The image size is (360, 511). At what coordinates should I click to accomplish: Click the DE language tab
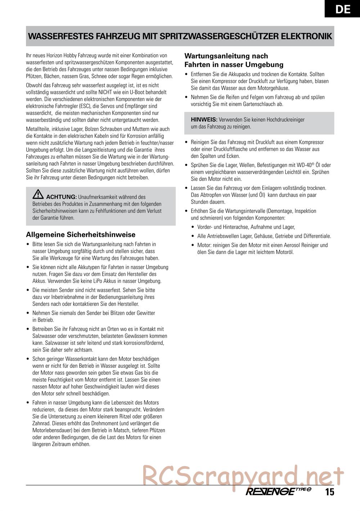click(x=342, y=9)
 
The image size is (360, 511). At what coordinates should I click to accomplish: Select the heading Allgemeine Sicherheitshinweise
click(x=81, y=235)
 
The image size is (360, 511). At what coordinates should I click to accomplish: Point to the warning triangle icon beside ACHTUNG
click(x=38, y=195)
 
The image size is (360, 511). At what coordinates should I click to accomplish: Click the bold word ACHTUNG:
click(x=61, y=197)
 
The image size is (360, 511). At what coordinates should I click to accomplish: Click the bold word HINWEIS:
click(x=204, y=119)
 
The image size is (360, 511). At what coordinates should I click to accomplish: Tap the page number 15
click(x=330, y=492)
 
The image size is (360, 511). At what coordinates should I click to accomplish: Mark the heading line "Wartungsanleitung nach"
click(x=226, y=56)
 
